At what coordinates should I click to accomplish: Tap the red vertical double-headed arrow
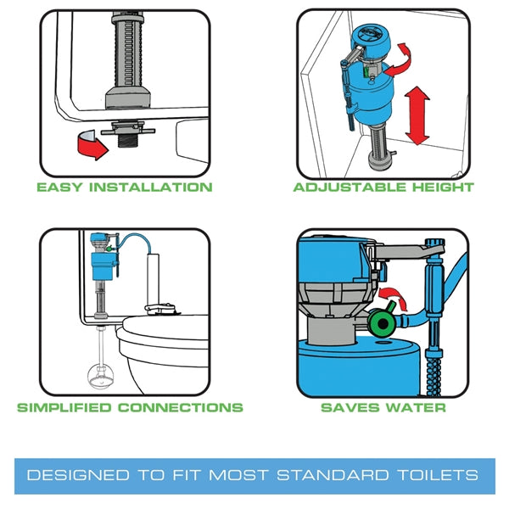pyautogui.click(x=415, y=115)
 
